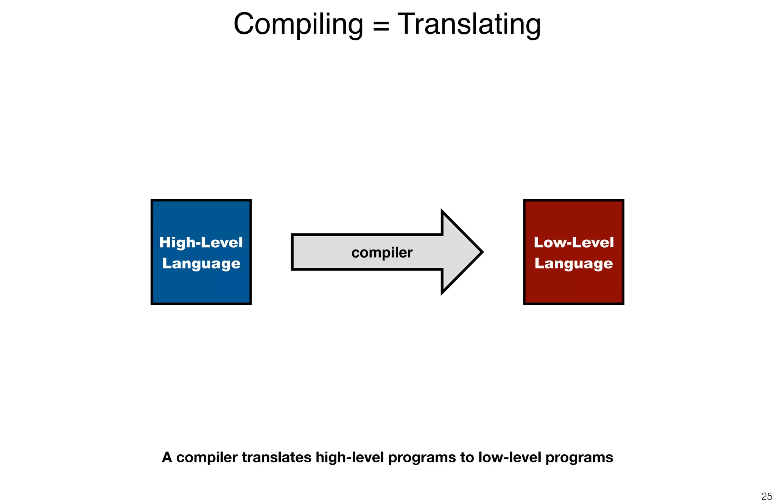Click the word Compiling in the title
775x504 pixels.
(298, 24)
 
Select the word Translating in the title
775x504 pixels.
(469, 24)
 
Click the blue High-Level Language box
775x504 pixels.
(201, 288)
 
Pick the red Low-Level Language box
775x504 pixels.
(573, 288)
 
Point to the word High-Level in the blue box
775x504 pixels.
(201, 242)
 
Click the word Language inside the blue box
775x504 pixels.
(201, 264)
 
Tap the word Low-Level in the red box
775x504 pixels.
(574, 242)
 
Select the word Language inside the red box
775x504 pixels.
(574, 264)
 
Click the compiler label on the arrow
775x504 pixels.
(382, 253)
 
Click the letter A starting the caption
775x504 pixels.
(167, 457)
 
